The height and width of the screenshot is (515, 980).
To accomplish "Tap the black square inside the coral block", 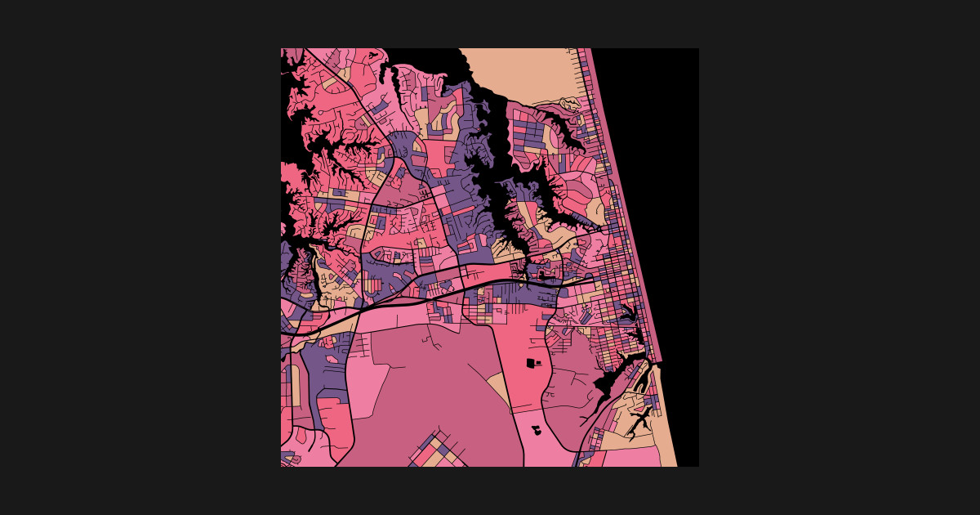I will point(531,361).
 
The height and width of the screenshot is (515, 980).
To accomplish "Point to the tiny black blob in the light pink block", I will point(537,428).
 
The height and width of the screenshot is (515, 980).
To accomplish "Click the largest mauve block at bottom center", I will point(433,384).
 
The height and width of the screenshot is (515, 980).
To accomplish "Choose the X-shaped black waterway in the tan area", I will point(640,420).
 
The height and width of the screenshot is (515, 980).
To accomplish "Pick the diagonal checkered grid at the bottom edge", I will point(437,450).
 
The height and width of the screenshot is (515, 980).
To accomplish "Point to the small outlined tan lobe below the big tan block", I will point(569,104).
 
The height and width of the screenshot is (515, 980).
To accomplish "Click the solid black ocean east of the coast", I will point(653,163).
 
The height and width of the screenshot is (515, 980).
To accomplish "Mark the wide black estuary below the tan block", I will point(490,131).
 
